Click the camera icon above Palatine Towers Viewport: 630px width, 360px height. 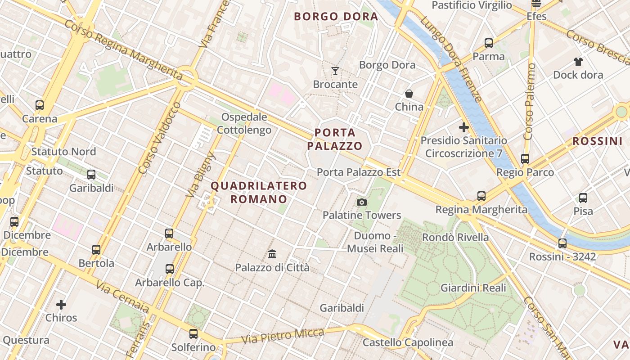(362, 202)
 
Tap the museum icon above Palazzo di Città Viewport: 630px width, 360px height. (272, 254)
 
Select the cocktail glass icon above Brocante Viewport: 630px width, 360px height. (335, 71)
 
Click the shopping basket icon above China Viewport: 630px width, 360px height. (409, 94)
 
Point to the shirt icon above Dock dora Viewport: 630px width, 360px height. (578, 62)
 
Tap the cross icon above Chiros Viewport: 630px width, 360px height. (61, 305)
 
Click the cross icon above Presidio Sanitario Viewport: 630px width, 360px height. (464, 127)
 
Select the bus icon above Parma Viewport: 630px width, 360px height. (489, 43)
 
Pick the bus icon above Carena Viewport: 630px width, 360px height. (40, 105)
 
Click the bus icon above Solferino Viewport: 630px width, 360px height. (193, 334)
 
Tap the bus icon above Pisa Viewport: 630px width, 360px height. (583, 198)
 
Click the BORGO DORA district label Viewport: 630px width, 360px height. (336, 17)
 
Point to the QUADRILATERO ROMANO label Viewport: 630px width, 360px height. (259, 192)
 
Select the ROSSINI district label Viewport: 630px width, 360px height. (597, 141)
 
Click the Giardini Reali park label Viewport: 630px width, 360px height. (473, 288)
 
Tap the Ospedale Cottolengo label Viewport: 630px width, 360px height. (244, 124)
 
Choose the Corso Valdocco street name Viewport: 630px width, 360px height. (160, 138)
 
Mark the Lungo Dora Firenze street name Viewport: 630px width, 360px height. (451, 58)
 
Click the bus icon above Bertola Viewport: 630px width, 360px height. (96, 250)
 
